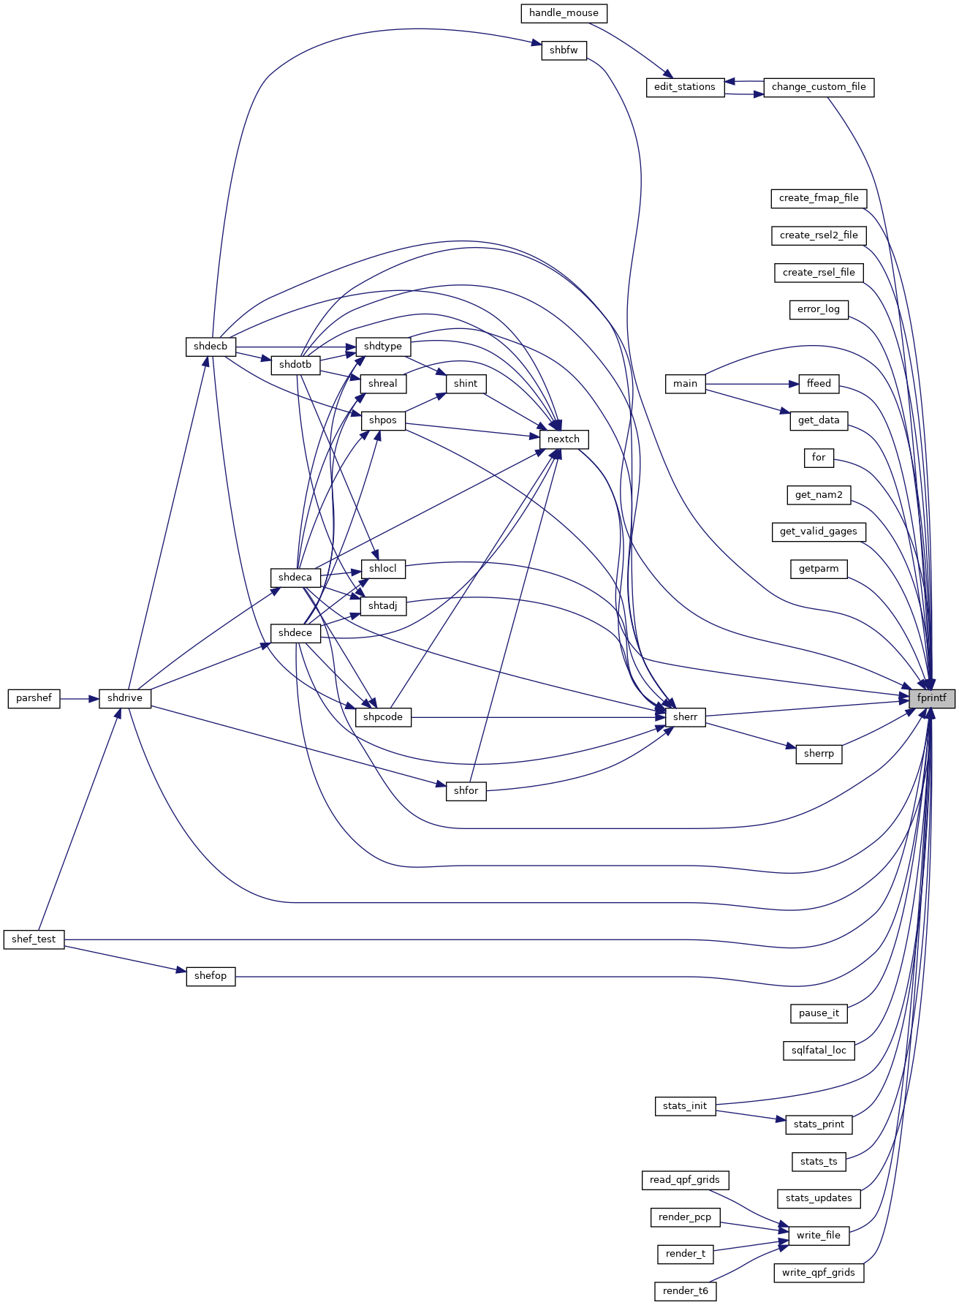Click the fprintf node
(x=932, y=698)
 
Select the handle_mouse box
(x=564, y=13)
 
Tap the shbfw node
(x=564, y=50)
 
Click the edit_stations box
(x=685, y=87)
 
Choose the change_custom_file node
(x=819, y=87)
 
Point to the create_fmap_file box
(x=819, y=198)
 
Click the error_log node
(x=819, y=309)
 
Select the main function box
(x=686, y=384)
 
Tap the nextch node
(x=564, y=439)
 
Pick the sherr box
(x=686, y=717)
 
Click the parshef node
(x=34, y=698)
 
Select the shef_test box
(x=34, y=939)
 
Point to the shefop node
(x=211, y=976)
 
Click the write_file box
(x=819, y=1236)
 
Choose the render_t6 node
(x=686, y=1291)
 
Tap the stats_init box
(x=685, y=1106)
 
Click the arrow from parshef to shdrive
(x=80, y=698)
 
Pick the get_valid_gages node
(x=819, y=532)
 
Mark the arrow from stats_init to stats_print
(x=751, y=1116)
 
